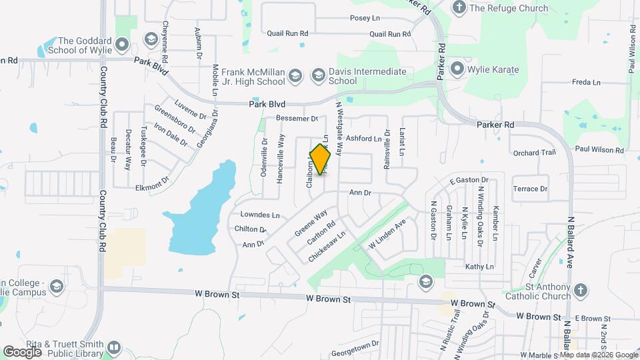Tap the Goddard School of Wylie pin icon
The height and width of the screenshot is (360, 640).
121,45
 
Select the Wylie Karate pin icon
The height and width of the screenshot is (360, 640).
457,68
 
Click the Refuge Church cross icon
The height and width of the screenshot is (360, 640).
458,8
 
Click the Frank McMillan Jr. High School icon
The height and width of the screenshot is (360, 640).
295,77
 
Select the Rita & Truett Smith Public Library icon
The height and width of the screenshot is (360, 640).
114,347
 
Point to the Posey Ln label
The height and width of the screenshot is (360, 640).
364,19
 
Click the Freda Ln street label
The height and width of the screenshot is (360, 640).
586,82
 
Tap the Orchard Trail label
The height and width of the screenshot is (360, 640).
534,153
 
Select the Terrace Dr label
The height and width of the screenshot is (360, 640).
530,189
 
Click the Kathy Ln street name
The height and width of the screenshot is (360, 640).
479,267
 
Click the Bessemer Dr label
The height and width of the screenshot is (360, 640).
297,119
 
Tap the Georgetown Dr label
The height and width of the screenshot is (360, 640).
355,344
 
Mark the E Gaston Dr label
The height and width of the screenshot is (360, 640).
469,180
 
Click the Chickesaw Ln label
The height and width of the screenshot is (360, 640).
327,246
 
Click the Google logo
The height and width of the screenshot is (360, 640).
22,351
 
